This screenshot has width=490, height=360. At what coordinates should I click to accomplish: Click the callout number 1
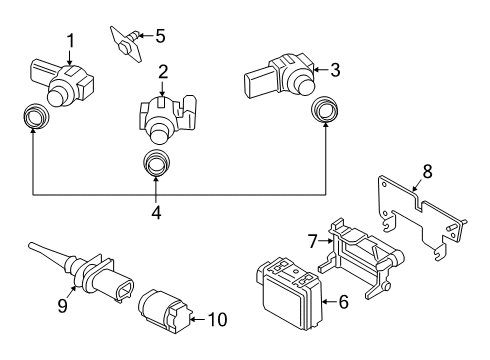click(70, 41)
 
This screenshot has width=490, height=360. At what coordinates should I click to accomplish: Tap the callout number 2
click(161, 72)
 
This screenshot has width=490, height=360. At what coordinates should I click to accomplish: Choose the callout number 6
click(343, 300)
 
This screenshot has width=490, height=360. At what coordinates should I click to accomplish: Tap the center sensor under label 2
click(158, 120)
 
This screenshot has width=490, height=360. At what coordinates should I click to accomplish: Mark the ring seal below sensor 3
click(324, 111)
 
